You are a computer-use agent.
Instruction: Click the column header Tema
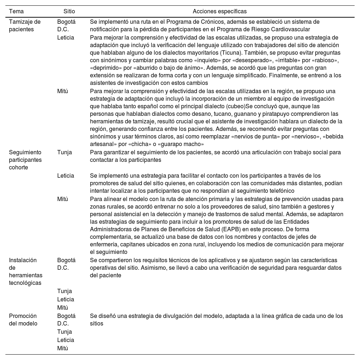click(16, 12)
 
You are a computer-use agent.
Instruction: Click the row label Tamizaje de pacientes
click(24, 26)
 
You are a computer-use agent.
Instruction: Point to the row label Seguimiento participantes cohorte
click(25, 160)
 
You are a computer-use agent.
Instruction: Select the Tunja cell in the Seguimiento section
click(64, 152)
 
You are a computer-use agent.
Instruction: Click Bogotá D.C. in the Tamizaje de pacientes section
click(66, 26)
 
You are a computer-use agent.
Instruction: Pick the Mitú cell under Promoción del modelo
click(63, 348)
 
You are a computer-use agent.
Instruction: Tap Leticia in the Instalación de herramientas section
click(66, 299)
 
